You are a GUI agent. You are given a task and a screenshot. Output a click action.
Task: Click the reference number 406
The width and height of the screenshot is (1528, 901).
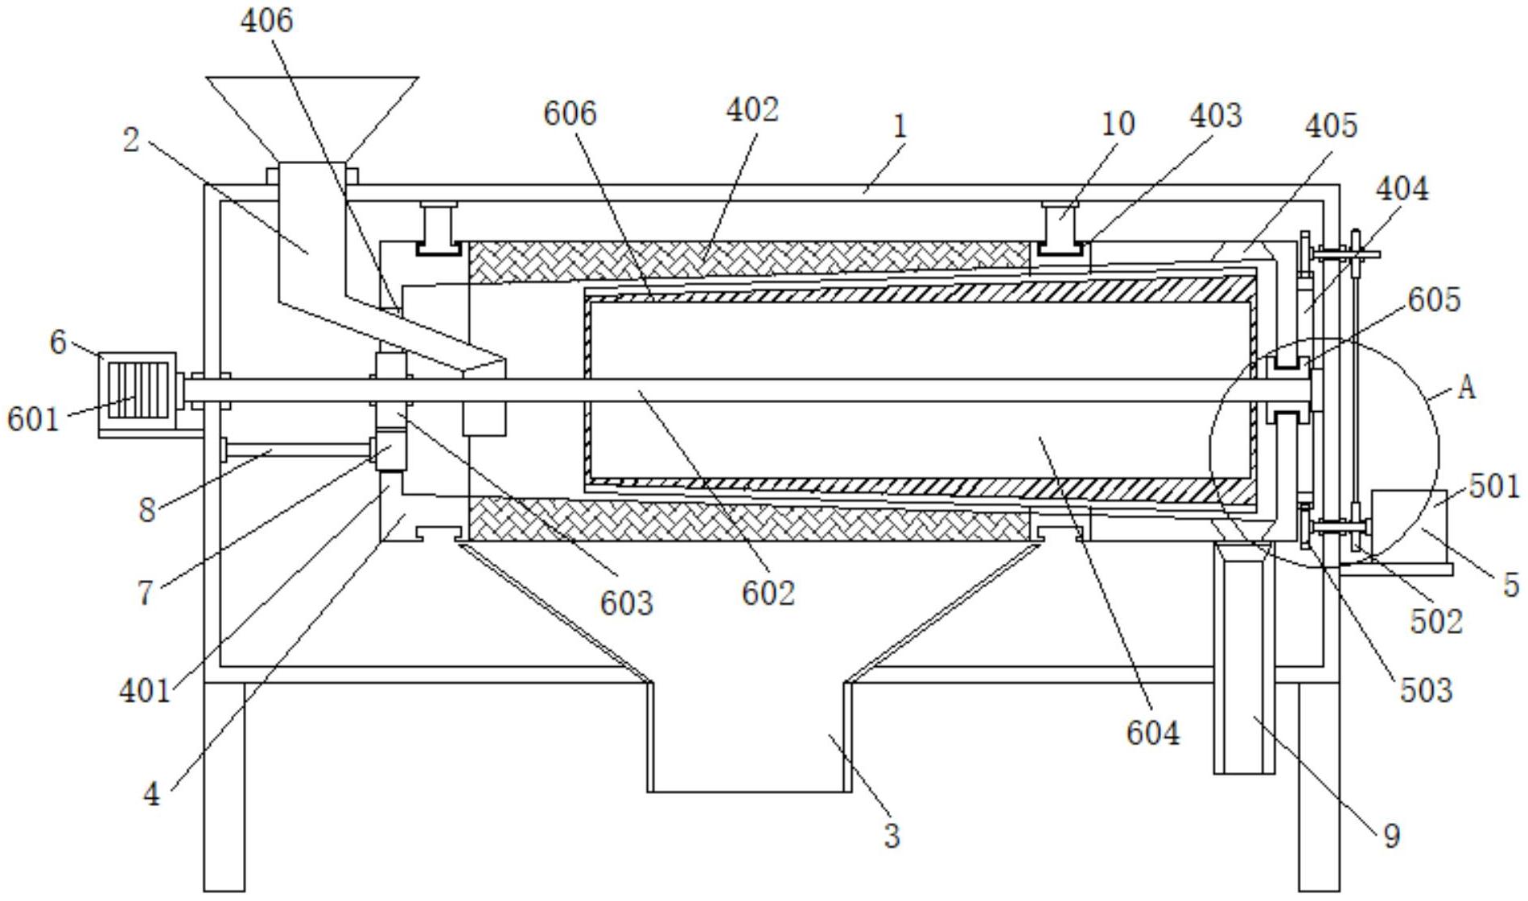tap(267, 20)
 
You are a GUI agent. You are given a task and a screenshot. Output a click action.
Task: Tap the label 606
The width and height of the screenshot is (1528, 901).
tap(570, 113)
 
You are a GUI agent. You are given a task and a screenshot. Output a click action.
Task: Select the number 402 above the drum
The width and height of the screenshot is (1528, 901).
tap(752, 110)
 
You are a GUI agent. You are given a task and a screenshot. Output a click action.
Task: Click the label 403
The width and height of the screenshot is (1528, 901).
tap(1216, 116)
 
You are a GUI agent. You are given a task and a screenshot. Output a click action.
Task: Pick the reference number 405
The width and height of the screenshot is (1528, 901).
tap(1331, 125)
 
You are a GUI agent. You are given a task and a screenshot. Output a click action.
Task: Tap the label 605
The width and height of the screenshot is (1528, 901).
tap(1434, 299)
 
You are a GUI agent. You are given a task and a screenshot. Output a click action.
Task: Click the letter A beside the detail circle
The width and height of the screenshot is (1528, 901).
tap(1467, 388)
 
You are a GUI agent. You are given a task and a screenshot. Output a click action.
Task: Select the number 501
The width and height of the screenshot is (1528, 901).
tap(1495, 487)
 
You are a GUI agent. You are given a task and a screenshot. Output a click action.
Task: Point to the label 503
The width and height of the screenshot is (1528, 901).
tap(1427, 690)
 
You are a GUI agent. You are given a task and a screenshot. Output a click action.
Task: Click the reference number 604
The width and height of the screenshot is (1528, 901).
tap(1152, 733)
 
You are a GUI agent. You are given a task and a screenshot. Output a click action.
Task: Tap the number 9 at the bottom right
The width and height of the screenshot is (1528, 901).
tap(1391, 836)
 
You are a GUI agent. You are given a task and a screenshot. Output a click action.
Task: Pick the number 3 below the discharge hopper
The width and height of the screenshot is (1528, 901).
tap(892, 836)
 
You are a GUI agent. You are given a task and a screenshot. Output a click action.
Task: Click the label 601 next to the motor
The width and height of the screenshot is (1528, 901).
tap(34, 419)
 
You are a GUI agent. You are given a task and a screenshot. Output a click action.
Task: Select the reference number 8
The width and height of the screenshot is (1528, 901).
tap(146, 510)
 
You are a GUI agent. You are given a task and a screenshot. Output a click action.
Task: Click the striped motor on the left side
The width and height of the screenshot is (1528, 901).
tap(138, 390)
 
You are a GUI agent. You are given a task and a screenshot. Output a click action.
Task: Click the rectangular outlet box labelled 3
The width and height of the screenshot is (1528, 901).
tap(750, 737)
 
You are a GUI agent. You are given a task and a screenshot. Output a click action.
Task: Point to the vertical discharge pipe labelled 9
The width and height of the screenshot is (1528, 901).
tap(1244, 658)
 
